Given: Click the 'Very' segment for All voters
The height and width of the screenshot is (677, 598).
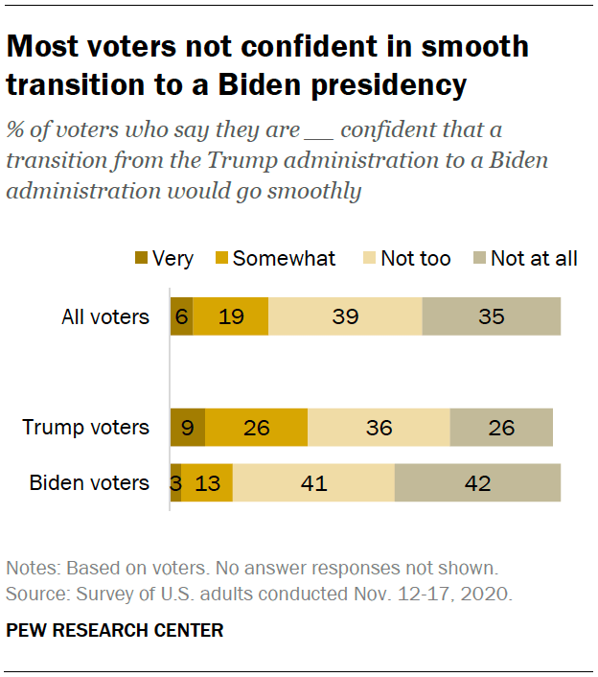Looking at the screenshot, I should click(x=181, y=316).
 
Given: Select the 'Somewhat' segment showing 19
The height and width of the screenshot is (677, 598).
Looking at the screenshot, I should click(x=230, y=316).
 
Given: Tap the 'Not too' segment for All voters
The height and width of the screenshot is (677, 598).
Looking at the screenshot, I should click(x=345, y=316).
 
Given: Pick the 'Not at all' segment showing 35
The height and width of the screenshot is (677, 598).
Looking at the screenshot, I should click(x=491, y=316).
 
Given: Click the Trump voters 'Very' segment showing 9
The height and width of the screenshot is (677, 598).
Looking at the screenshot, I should click(x=187, y=427).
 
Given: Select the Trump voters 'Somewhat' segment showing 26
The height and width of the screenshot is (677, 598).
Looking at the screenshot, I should click(x=256, y=427).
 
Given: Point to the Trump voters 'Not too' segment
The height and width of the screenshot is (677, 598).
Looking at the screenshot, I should click(x=379, y=427).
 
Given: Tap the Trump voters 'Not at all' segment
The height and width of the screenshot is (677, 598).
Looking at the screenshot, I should click(x=501, y=427).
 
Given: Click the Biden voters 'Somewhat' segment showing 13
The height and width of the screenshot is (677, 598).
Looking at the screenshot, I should click(x=207, y=482).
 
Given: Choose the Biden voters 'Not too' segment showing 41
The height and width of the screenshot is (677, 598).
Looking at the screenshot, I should click(x=313, y=482).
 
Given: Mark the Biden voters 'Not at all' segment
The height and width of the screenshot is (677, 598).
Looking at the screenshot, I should click(x=477, y=482).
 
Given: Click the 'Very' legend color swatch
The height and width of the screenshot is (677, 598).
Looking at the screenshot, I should click(x=141, y=259).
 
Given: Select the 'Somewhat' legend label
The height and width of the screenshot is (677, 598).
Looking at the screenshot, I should click(x=284, y=258).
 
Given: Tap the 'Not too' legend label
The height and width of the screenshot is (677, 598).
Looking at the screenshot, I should click(x=415, y=258).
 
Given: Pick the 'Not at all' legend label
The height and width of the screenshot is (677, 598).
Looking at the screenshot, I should click(x=534, y=258).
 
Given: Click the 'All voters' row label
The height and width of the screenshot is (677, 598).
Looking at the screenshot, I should click(x=104, y=316).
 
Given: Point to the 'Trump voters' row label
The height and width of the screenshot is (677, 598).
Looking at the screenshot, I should click(x=86, y=427).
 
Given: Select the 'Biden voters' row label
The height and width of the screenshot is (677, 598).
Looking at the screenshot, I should click(x=89, y=482).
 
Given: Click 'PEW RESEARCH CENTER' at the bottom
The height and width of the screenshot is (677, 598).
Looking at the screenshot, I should click(x=114, y=630).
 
